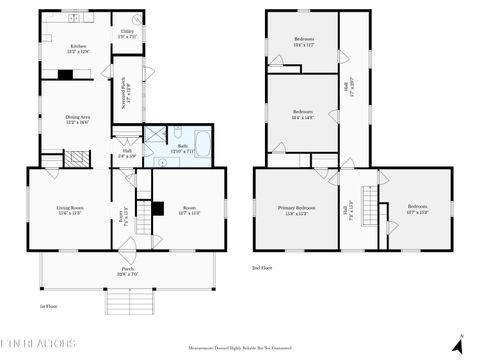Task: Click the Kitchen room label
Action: click(78, 47)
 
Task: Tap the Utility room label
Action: click(127, 33)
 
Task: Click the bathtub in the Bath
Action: click(200, 146)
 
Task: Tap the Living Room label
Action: click(70, 210)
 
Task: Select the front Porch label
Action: click(128, 271)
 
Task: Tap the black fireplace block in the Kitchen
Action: click(66, 73)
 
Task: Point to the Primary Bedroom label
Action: click(297, 210)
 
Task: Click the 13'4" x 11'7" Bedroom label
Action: click(302, 42)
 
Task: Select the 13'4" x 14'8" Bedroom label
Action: click(302, 114)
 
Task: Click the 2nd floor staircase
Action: click(370, 210)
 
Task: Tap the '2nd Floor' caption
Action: click(263, 268)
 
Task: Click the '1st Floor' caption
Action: click(47, 307)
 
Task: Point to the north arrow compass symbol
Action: click(457, 344)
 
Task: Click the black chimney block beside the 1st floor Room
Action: click(157, 209)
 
